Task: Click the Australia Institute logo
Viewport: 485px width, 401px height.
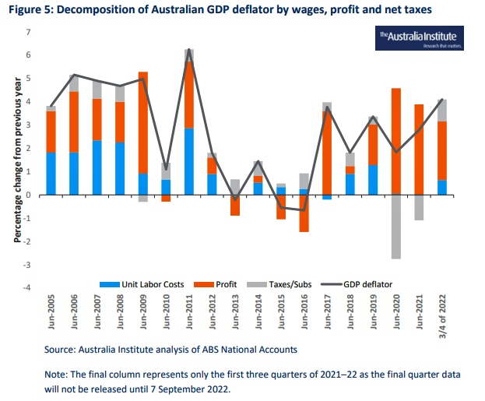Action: click(419, 39)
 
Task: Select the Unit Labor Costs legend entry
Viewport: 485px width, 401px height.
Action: click(149, 284)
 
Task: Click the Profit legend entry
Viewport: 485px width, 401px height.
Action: click(221, 284)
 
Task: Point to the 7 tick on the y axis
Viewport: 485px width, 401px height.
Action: click(28, 32)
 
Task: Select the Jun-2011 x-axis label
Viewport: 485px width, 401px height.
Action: click(189, 316)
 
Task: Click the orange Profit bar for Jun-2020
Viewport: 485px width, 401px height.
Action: click(396, 141)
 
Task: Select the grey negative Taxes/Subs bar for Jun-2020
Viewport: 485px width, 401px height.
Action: click(396, 227)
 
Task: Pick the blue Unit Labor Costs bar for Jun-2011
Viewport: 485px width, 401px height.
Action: click(189, 161)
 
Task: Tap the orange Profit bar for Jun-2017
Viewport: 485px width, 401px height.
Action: click(327, 153)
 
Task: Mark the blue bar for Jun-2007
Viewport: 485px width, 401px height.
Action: click(97, 167)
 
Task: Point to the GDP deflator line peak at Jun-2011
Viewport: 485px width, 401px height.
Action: click(189, 49)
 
